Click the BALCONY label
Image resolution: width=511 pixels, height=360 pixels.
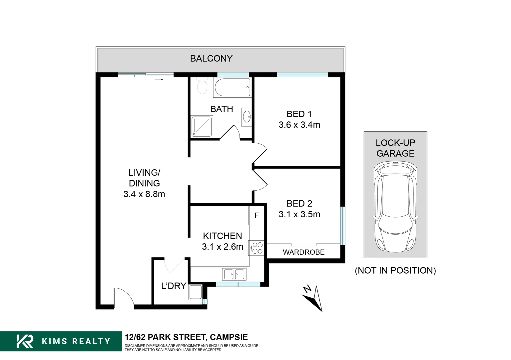pos(211,59)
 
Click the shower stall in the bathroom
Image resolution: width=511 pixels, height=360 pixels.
pos(202,126)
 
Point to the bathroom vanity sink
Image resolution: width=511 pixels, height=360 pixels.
pos(247,117)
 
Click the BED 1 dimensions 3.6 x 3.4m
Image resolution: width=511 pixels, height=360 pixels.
pos(299,125)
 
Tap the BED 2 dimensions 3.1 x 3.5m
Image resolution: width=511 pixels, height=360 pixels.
pos(299,214)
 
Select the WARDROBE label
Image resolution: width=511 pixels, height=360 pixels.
pos(303,252)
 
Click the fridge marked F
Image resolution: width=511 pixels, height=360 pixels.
pos(256,215)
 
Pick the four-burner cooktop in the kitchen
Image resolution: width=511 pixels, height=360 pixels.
pos(256,248)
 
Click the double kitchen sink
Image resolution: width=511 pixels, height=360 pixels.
pos(234,274)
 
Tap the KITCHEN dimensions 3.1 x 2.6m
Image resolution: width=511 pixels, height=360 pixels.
pos(223,247)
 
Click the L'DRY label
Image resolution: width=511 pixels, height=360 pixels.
pos(174,286)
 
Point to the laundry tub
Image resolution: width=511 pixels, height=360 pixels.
pos(195,292)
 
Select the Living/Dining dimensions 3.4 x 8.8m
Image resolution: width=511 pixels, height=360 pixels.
pos(144,194)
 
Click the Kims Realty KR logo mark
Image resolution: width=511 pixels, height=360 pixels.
pos(25,341)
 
